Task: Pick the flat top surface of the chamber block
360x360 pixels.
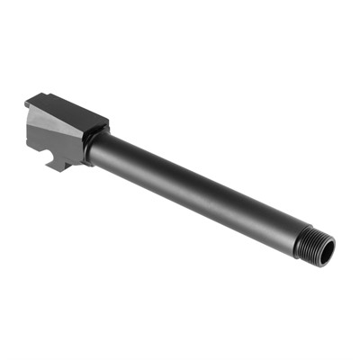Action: [76, 110]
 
